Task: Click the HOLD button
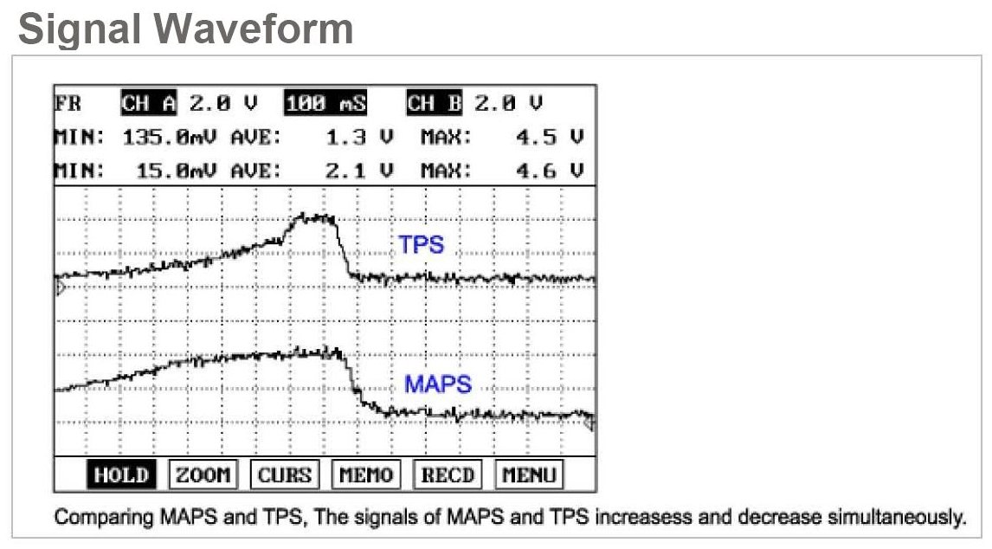(120, 475)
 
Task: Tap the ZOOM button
(203, 475)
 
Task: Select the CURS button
(285, 475)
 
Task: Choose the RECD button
(448, 475)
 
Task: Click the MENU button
(529, 475)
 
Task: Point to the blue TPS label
(421, 245)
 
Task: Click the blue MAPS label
(438, 384)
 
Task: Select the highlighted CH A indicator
(149, 104)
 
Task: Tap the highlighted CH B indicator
(435, 104)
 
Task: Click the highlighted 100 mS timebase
(325, 104)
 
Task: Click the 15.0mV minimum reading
(180, 169)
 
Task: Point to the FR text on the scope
(68, 104)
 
